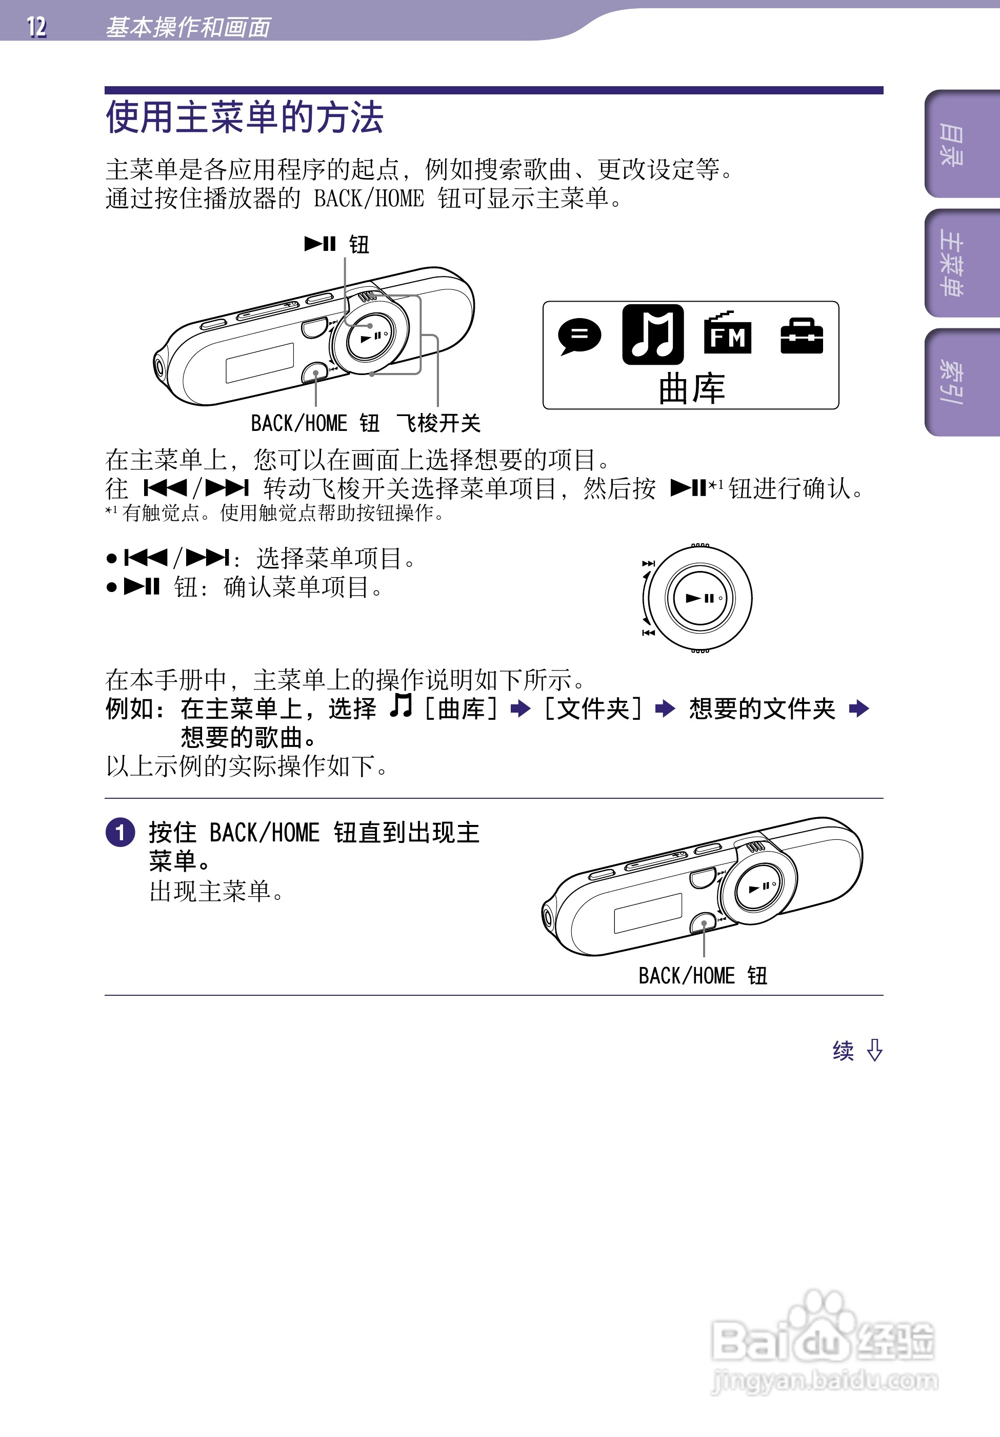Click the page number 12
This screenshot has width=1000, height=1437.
[x=36, y=27]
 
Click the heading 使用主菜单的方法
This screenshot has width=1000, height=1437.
[x=244, y=117]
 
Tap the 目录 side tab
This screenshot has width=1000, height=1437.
[x=951, y=145]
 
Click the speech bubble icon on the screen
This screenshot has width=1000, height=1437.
[x=579, y=336]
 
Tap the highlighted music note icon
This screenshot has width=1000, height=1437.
[x=653, y=335]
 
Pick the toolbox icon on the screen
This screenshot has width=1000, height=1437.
[x=802, y=336]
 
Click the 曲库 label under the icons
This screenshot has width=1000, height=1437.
[x=691, y=389]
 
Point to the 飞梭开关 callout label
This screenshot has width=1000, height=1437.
[x=438, y=423]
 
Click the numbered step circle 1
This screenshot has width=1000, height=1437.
[x=120, y=833]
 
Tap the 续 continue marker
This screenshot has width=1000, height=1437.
[x=843, y=1051]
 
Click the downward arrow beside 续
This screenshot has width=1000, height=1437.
[x=875, y=1050]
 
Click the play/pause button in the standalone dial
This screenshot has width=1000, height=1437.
[x=699, y=598]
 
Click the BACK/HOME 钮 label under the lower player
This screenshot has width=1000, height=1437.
[x=702, y=976]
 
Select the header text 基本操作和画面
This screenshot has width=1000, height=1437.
[x=188, y=27]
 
